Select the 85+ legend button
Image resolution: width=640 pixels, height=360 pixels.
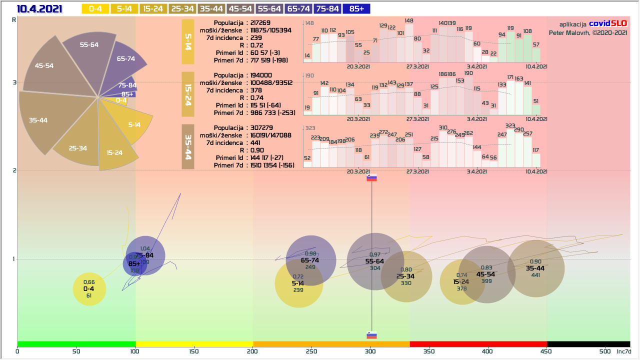point(357,8)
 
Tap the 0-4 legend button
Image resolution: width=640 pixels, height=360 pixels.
point(95,8)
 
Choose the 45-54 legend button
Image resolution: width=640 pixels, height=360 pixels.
point(240,8)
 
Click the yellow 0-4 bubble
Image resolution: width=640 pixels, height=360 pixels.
point(89,289)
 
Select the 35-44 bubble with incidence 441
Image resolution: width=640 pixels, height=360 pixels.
point(535,268)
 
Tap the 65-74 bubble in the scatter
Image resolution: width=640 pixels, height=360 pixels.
point(310,260)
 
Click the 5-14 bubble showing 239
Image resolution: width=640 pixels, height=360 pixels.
point(298,284)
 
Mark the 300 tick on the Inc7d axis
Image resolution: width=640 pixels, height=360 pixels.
point(371,351)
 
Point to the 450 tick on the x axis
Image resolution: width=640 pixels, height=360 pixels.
point(547,351)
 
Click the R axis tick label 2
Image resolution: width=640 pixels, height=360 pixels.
point(14,170)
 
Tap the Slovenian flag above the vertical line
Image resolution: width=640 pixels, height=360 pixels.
point(371,177)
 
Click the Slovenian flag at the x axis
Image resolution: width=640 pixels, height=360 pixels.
point(371,335)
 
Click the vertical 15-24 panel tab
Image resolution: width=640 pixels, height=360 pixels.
point(187,94)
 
